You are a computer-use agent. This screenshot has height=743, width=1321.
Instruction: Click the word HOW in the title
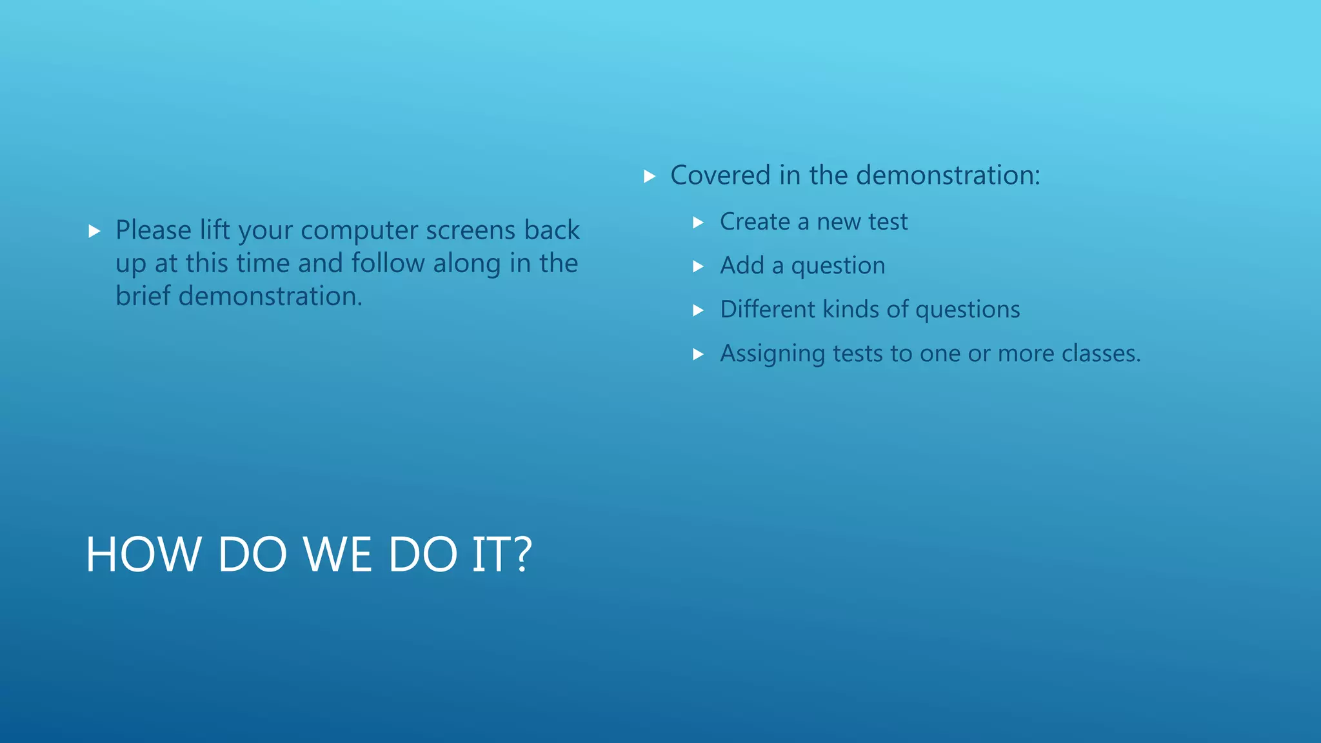[143, 555]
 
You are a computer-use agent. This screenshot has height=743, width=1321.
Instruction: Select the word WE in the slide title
[337, 555]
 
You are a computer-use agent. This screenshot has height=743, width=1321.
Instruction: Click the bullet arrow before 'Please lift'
[94, 231]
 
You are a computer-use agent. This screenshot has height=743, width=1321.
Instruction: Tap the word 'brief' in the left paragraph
[143, 296]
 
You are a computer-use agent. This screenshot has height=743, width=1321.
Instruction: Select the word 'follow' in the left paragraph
[388, 263]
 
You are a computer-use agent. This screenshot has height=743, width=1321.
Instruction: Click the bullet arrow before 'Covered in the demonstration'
[650, 176]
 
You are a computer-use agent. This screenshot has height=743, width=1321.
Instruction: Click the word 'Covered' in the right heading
[720, 175]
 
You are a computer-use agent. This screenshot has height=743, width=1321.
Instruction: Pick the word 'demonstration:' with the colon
[948, 175]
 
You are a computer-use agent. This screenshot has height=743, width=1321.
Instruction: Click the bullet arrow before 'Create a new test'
[698, 223]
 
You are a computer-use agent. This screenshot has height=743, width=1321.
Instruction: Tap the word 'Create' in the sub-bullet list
[755, 222]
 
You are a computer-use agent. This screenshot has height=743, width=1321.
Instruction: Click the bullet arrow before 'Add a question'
[698, 266]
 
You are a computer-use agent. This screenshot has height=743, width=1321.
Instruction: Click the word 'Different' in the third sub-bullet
[768, 310]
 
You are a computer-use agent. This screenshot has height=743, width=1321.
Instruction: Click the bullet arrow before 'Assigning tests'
[698, 354]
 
